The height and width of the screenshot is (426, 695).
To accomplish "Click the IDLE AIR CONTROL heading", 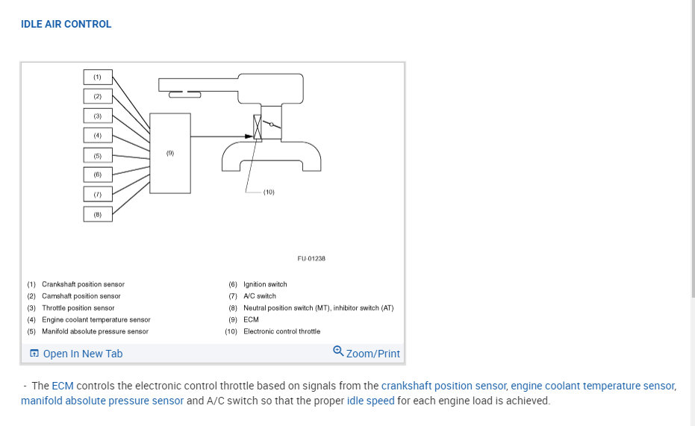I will [x=66, y=24].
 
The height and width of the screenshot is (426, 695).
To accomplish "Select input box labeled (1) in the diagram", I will [x=97, y=77].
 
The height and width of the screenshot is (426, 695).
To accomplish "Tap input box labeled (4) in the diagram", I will [x=97, y=135].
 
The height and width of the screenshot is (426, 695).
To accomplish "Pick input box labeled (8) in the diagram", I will [x=97, y=214].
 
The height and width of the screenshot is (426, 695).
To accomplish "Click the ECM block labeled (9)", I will [x=170, y=153].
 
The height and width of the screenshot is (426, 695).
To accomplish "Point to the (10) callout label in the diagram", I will [x=269, y=192].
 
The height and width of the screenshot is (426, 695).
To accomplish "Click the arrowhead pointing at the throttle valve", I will [x=249, y=136].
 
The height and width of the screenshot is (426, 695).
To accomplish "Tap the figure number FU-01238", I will [x=311, y=259].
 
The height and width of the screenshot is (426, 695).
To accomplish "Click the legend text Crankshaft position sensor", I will [x=83, y=284].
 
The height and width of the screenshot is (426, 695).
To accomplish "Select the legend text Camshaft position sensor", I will [x=81, y=296].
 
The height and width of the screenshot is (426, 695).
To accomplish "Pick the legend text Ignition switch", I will [x=265, y=284].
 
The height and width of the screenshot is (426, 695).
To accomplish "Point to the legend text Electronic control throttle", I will [x=281, y=331].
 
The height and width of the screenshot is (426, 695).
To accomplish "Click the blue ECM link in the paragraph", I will [x=63, y=386].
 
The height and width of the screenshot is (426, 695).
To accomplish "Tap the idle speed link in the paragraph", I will [x=370, y=401].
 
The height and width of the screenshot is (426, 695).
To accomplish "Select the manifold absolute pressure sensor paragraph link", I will [x=102, y=401].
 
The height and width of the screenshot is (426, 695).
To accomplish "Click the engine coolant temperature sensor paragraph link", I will [x=593, y=386].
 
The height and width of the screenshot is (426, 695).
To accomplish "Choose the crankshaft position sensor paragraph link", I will [x=444, y=386].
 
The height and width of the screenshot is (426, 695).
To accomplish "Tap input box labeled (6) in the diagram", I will [x=97, y=175].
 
